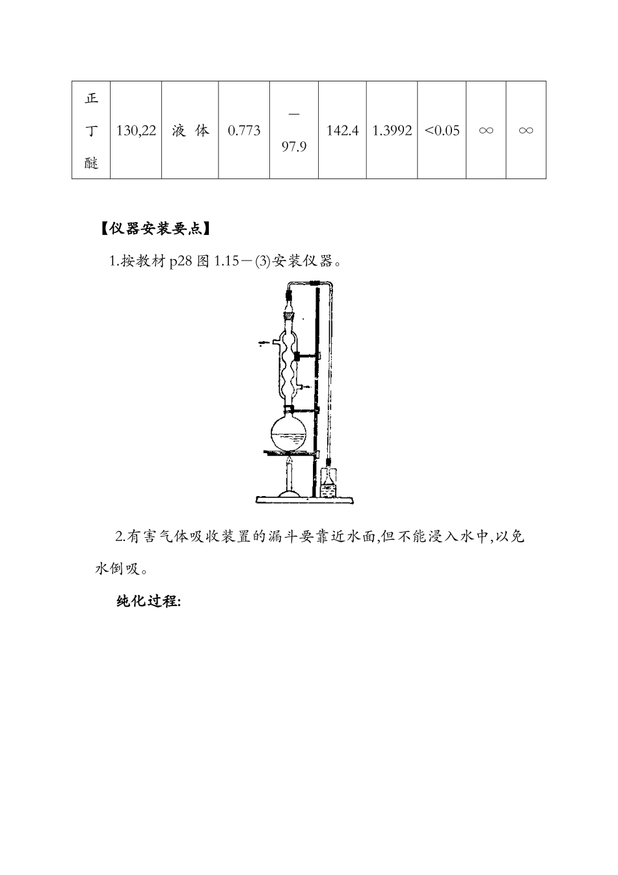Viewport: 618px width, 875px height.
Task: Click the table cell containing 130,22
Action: pos(136,131)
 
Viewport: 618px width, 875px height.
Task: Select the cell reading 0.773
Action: pos(244,131)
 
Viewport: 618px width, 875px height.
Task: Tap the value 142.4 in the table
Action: pos(342,131)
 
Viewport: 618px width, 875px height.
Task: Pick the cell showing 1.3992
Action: pos(392,131)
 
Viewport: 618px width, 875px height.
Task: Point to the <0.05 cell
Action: pos(442,131)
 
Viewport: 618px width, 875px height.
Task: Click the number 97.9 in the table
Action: pos(294,147)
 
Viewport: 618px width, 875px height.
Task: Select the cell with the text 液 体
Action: pos(190,131)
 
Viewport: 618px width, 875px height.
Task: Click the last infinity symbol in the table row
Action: pos(526,131)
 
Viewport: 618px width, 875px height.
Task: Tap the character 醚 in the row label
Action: pos(91,163)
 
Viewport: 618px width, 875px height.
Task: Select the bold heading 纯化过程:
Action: pos(148,602)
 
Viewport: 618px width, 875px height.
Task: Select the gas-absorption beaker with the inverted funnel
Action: pos(329,483)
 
